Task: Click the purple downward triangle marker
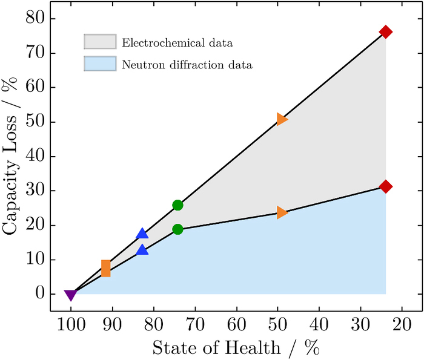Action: (x=71, y=295)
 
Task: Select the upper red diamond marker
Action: (x=386, y=32)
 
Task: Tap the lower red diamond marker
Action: (x=386, y=186)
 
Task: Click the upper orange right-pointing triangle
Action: (x=282, y=119)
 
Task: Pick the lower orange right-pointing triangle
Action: (x=282, y=212)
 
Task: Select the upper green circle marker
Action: (x=177, y=205)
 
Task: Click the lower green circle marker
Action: (x=177, y=229)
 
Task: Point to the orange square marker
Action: (x=106, y=268)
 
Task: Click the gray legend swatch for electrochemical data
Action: (x=99, y=42)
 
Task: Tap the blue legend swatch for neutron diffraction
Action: (x=99, y=63)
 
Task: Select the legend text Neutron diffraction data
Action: (x=187, y=64)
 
